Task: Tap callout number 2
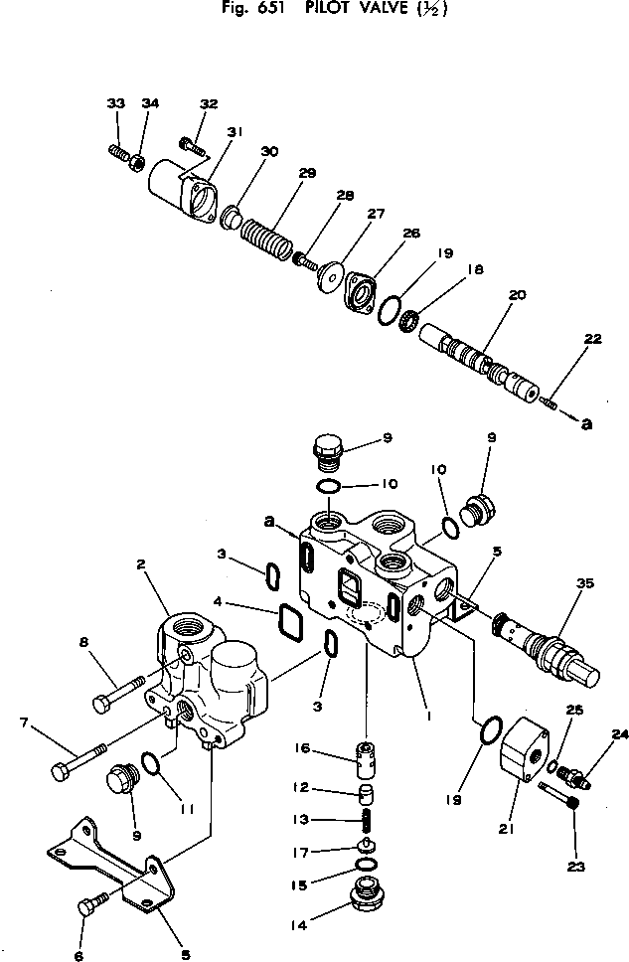pyautogui.click(x=142, y=563)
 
